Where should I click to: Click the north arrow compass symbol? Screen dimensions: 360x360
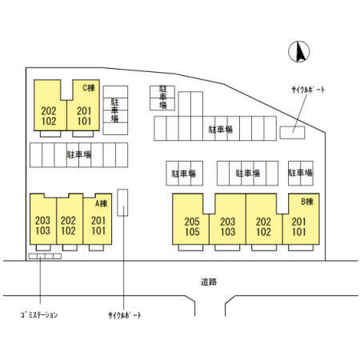tap(299, 51)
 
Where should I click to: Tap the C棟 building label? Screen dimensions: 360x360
tap(89, 88)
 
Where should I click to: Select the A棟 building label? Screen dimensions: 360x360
tap(102, 203)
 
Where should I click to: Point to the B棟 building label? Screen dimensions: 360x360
tap(307, 202)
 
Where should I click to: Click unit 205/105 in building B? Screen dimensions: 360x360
tap(192, 226)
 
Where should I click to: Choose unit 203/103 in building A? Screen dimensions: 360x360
tap(42, 226)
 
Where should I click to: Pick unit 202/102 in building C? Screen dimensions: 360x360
tap(49, 116)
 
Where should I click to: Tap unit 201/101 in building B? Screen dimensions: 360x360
tap(299, 226)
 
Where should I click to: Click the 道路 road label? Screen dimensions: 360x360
tap(209, 282)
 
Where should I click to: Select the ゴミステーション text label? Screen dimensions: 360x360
tap(39, 315)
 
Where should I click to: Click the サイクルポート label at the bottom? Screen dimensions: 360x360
tap(125, 315)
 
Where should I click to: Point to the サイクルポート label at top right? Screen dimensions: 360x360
tap(308, 90)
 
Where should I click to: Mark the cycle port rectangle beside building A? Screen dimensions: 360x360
tap(122, 202)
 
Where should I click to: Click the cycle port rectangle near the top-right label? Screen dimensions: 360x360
tap(292, 133)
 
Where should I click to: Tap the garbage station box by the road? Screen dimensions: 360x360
tap(45, 256)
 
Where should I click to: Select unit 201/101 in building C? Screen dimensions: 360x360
tap(84, 116)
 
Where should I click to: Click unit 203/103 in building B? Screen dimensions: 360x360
tap(228, 226)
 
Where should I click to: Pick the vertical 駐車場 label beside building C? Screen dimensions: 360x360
tap(114, 110)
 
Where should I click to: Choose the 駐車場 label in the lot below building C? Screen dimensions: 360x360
tap(79, 154)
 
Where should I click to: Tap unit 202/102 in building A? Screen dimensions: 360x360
tap(68, 226)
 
